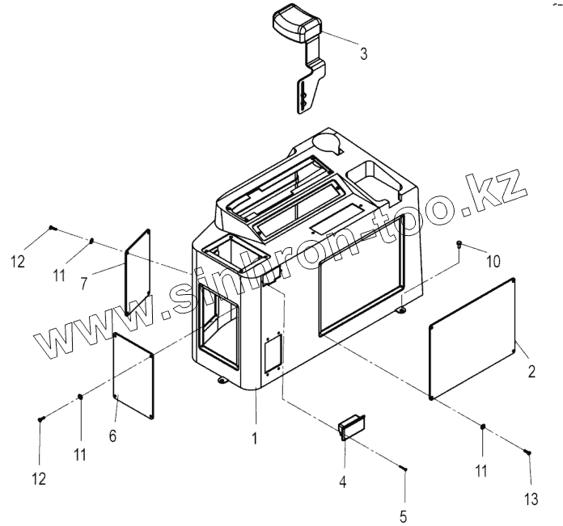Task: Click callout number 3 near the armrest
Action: click(x=363, y=54)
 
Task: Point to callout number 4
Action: click(x=342, y=482)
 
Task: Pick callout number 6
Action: click(x=112, y=436)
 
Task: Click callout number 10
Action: click(x=493, y=261)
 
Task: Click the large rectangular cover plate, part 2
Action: click(x=473, y=338)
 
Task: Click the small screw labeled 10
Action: click(x=459, y=243)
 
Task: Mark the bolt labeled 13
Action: click(x=527, y=453)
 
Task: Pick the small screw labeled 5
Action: click(x=404, y=469)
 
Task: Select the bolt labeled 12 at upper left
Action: click(x=52, y=229)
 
